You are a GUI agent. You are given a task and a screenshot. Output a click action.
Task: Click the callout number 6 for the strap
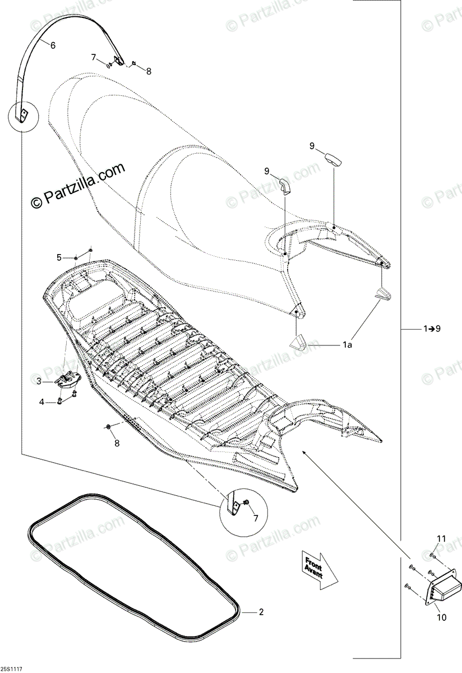(53, 45)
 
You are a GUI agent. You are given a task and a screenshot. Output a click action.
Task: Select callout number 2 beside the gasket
(261, 612)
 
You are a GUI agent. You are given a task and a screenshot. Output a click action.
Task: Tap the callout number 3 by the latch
(39, 381)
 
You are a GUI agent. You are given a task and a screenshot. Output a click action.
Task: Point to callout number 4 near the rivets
(41, 402)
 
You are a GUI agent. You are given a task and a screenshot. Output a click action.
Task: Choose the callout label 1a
(347, 346)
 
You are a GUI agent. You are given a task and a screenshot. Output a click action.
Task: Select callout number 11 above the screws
(441, 539)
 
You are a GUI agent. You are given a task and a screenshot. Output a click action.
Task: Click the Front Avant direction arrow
(318, 568)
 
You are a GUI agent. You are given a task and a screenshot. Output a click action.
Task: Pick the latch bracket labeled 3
(67, 380)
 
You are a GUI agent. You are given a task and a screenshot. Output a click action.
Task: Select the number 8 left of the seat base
(117, 444)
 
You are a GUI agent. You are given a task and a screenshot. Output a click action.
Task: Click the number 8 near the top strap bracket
(149, 71)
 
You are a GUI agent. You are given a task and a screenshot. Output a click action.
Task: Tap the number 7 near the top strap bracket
(94, 58)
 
